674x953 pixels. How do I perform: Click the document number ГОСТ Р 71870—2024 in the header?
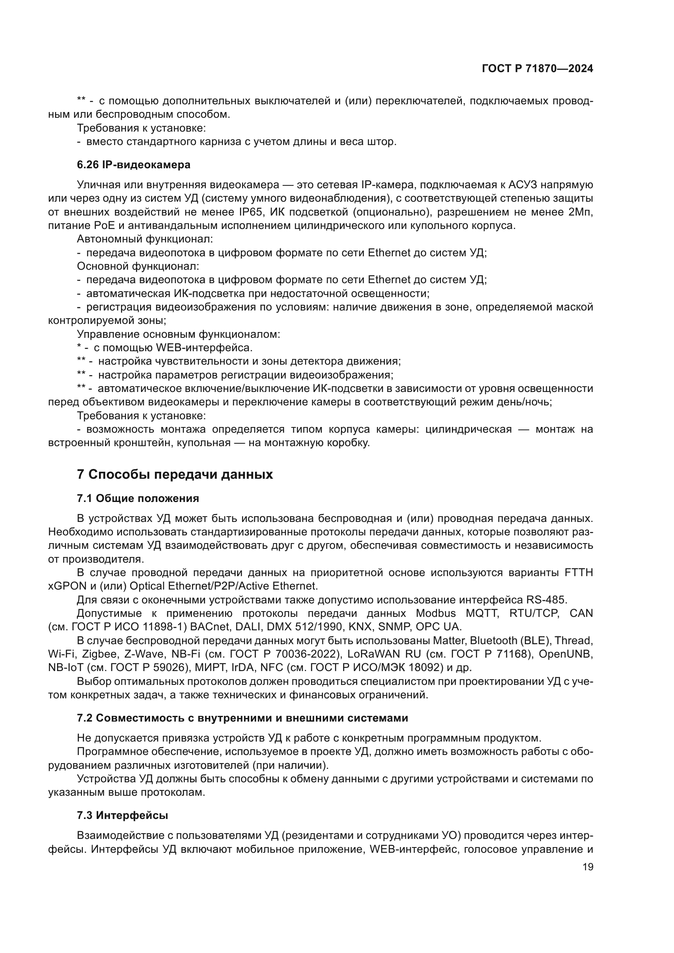(537, 69)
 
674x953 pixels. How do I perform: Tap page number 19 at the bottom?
(588, 867)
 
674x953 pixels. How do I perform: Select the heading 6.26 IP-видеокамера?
(134, 165)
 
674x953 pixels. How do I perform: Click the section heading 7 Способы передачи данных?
(175, 474)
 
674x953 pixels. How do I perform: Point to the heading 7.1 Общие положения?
(138, 498)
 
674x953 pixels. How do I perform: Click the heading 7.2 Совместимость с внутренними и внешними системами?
(242, 718)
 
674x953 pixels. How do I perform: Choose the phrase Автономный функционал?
(145, 239)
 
